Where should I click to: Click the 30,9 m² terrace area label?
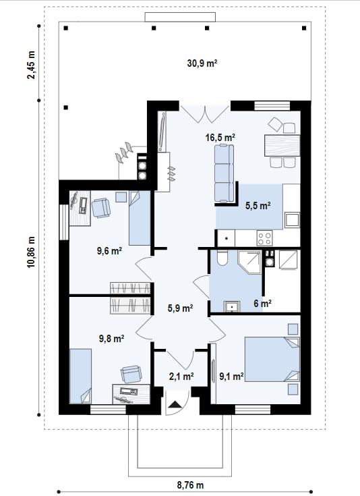(202, 63)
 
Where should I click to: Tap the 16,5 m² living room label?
(220, 138)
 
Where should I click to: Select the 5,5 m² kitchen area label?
(258, 206)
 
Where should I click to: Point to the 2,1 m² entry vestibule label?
(181, 377)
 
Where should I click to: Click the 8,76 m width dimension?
(190, 485)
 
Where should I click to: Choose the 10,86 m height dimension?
(31, 252)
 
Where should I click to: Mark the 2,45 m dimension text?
(31, 65)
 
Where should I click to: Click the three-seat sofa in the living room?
(224, 173)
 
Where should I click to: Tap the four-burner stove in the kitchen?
(264, 238)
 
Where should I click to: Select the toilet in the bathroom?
(222, 258)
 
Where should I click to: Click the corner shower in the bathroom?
(249, 263)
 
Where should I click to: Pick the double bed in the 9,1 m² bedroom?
(272, 359)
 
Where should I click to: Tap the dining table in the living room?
(282, 145)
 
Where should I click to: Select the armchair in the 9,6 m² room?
(101, 208)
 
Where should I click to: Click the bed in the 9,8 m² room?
(80, 376)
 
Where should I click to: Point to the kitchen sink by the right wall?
(292, 220)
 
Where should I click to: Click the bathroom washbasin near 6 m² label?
(232, 307)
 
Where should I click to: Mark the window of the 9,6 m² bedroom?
(64, 222)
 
